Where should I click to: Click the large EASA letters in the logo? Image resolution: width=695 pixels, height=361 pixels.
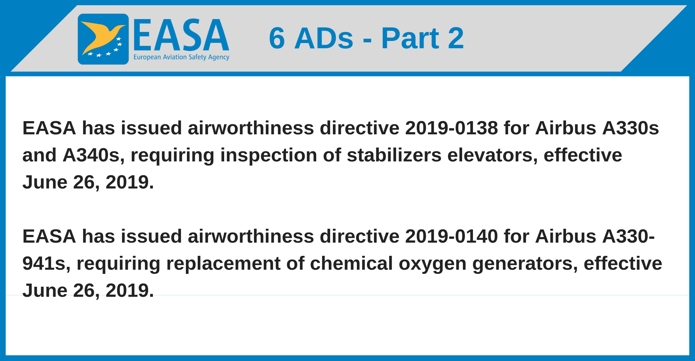point(181,35)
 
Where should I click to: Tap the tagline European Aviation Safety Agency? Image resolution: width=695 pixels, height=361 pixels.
point(181,57)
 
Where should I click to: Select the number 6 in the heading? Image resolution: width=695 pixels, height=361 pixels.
point(277,38)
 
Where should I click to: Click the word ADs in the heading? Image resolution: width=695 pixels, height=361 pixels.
point(324,38)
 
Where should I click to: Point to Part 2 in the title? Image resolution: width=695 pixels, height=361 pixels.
point(423,38)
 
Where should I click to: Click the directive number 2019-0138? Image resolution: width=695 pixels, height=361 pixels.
point(451,128)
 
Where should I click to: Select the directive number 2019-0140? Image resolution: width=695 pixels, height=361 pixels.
point(451,236)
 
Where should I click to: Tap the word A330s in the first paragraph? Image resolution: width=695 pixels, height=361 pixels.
point(630,128)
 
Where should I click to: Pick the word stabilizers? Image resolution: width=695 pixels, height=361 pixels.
point(394,155)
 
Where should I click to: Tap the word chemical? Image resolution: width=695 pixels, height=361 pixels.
point(351,263)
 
